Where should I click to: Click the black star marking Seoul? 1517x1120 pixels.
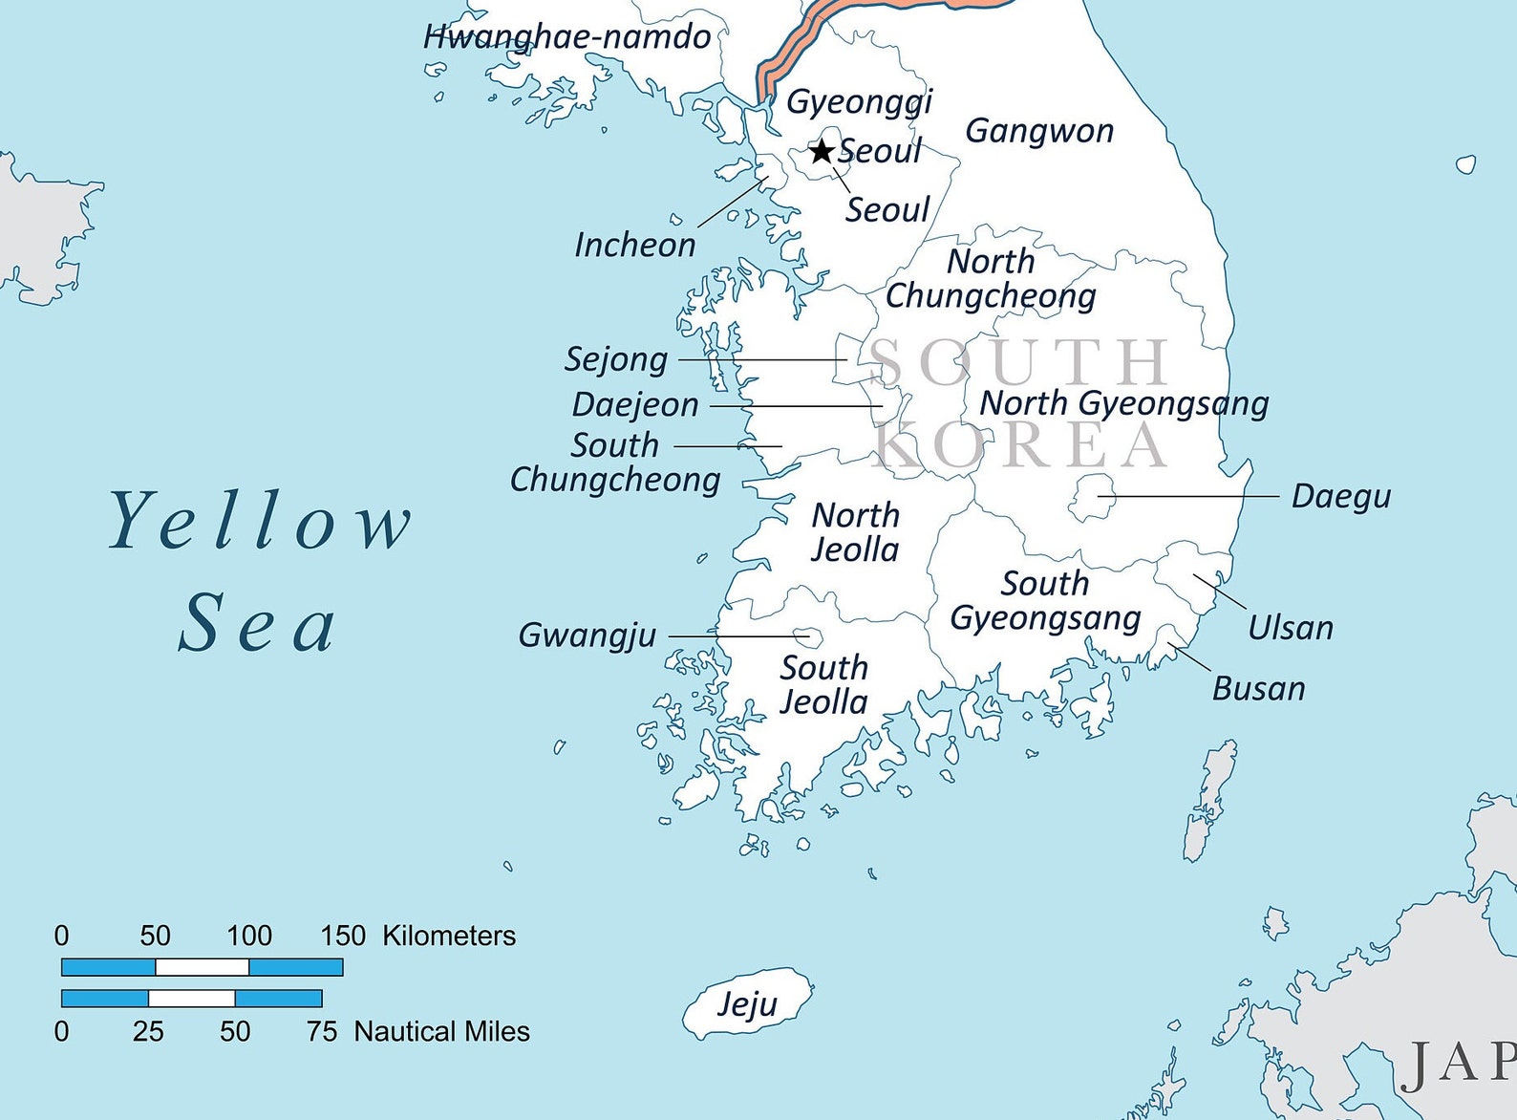click(x=822, y=151)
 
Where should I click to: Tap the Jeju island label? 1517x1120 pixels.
click(x=747, y=1003)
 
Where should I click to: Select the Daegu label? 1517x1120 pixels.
click(x=1340, y=496)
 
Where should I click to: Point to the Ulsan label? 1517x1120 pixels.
click(x=1290, y=628)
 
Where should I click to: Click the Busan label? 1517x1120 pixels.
click(x=1258, y=688)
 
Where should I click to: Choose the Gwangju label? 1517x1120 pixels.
click(x=587, y=635)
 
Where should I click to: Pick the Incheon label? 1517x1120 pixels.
click(x=634, y=245)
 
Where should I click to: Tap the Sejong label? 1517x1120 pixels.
click(x=616, y=359)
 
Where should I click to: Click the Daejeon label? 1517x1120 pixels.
click(x=635, y=404)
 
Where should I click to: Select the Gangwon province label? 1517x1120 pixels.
click(x=1039, y=131)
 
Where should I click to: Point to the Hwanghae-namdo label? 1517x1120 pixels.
click(x=566, y=37)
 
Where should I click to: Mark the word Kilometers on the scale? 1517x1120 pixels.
click(x=449, y=936)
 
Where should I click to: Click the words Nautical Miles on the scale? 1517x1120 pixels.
click(x=441, y=1032)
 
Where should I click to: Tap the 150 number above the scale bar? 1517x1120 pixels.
click(x=343, y=936)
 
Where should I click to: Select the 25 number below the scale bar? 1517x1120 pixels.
click(x=148, y=1032)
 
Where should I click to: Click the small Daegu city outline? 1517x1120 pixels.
click(x=1092, y=497)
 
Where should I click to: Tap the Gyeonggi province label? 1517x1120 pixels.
click(x=859, y=101)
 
